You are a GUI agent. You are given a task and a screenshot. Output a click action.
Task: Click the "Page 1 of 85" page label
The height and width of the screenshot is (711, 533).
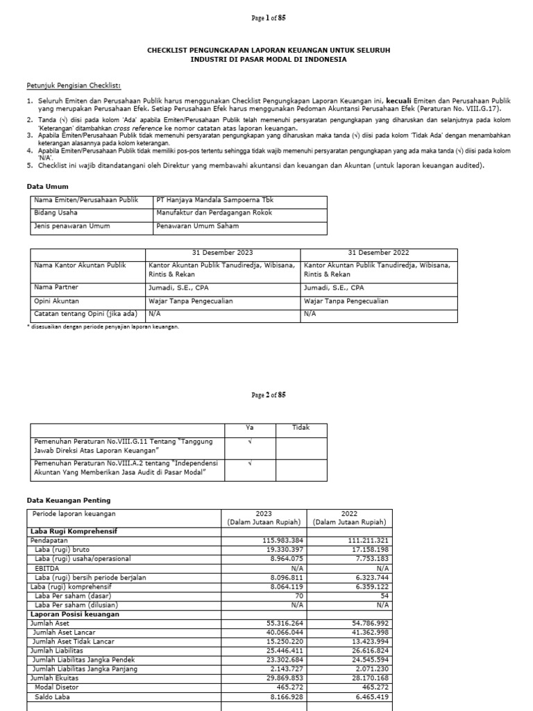pyautogui.click(x=268, y=19)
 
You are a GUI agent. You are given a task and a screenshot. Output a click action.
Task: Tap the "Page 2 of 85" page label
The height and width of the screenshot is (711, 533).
pyautogui.click(x=268, y=395)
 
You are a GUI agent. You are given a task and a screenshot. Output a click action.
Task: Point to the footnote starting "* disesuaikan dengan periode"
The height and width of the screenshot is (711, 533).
pyautogui.click(x=104, y=327)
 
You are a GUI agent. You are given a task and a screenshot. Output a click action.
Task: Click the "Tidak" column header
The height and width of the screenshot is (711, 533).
pyautogui.click(x=301, y=428)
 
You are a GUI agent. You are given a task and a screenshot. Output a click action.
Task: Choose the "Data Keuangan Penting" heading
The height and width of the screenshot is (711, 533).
pyautogui.click(x=68, y=500)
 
